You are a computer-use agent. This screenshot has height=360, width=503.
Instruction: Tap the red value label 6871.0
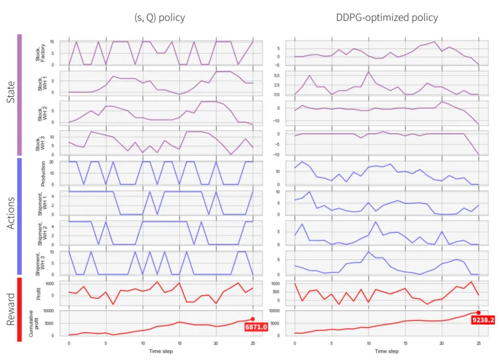tap(256, 327)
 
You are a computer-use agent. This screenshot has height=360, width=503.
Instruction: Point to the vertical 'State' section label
tap(9, 96)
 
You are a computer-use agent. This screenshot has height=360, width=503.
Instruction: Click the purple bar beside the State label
tap(20, 96)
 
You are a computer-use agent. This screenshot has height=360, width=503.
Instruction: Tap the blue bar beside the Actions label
tap(20, 215)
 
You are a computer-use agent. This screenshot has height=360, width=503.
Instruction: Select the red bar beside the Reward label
tap(20, 309)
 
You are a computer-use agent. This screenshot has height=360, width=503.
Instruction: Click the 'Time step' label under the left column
tap(160, 351)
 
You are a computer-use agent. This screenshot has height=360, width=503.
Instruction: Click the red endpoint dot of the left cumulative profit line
tap(253, 319)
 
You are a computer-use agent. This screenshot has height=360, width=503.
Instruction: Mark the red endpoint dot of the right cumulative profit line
tap(479, 313)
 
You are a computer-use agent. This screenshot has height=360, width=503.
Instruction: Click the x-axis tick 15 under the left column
tap(179, 343)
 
